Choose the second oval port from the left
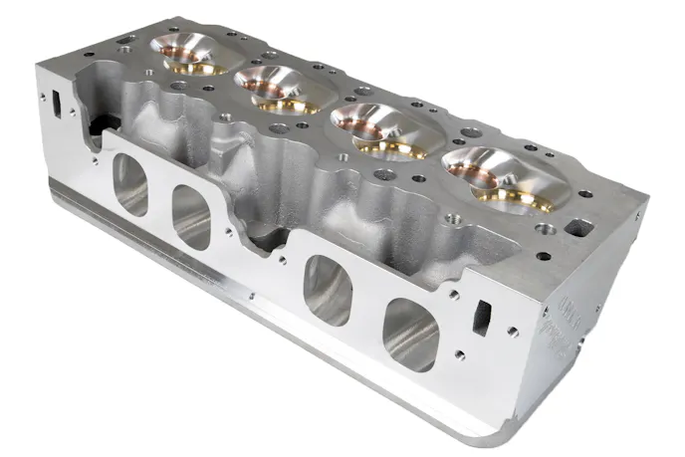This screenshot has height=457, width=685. click(x=190, y=214)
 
